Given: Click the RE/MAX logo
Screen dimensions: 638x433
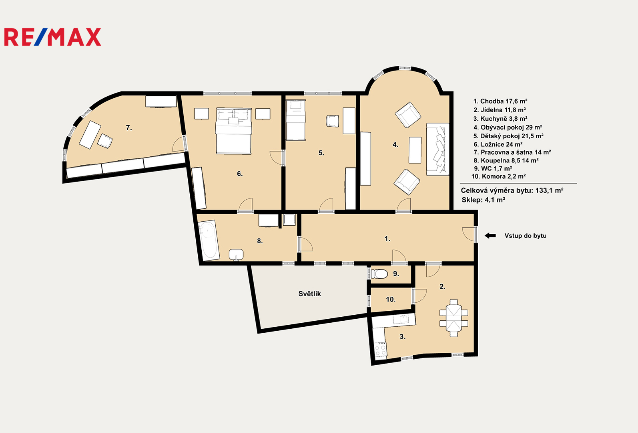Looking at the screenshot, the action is (52, 37).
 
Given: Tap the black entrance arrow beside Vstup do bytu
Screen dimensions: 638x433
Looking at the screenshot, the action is (490, 236).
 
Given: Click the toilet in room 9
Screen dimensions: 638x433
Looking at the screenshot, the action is (379, 274).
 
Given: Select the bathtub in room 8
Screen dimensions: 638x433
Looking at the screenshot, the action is (209, 240).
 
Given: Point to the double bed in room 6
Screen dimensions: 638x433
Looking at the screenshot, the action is (234, 131).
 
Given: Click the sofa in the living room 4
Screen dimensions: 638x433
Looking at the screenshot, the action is (437, 149).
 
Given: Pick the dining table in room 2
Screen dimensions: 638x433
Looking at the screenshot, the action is (454, 318).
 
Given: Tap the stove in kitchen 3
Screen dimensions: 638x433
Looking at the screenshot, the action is (381, 350).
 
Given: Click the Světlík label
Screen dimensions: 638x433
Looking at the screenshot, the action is (310, 294).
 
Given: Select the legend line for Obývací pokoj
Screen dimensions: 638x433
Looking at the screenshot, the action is (508, 127).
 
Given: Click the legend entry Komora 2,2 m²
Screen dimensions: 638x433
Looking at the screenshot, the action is (498, 176).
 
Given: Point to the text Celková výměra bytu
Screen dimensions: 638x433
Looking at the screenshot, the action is (497, 190).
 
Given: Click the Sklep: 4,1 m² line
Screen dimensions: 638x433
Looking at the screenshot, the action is (484, 200).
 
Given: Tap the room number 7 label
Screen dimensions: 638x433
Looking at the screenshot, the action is (129, 128).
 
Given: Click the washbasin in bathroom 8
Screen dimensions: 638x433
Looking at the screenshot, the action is (236, 255).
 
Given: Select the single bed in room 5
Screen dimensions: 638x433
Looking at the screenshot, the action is (296, 120).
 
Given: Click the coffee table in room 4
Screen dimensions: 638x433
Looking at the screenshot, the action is (415, 150).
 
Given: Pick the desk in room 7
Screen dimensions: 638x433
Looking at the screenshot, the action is (90, 135).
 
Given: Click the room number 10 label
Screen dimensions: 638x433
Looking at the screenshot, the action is (391, 299).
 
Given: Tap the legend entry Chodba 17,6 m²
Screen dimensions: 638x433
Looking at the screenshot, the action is (500, 101).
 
